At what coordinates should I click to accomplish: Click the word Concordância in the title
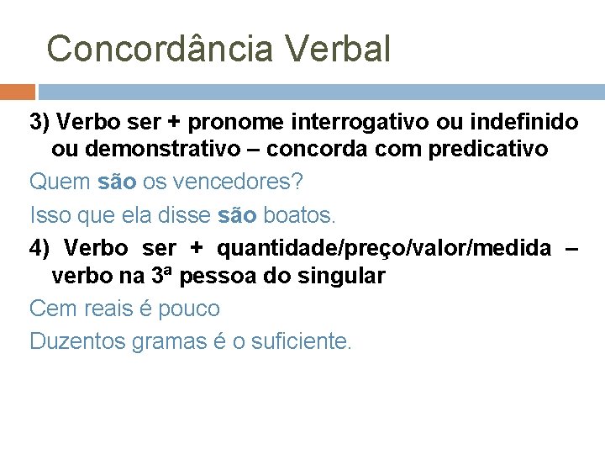tap(160, 49)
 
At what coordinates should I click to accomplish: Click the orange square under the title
tap(18, 92)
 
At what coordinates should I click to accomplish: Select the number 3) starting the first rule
tap(40, 123)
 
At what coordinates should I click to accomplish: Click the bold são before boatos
tap(236, 215)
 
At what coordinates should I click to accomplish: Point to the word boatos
tap(299, 215)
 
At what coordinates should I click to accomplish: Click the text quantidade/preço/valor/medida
tap(384, 248)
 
